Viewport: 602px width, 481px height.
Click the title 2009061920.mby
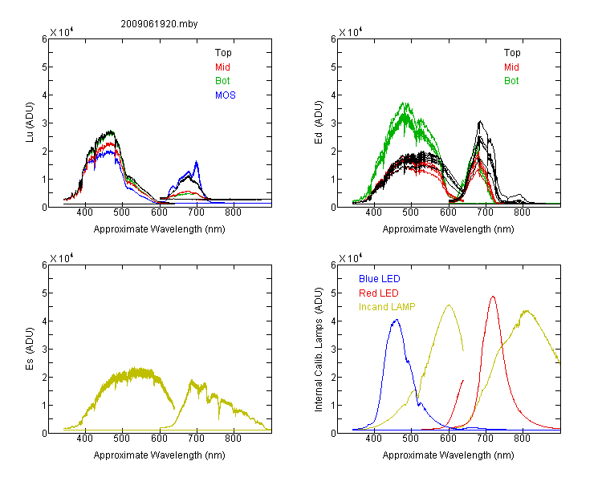159,24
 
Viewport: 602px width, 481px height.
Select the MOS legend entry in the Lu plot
226,95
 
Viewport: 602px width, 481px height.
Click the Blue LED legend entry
380,279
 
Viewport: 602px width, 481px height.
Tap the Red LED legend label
379,293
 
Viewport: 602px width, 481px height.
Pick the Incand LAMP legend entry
387,307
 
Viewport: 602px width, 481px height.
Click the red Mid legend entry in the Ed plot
511,67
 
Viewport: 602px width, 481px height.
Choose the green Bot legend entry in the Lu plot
222,81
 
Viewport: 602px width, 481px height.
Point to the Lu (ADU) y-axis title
30,123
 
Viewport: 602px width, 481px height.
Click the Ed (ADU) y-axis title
319,123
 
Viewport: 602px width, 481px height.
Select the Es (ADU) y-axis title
30,348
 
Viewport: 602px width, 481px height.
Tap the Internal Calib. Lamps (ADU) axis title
319,350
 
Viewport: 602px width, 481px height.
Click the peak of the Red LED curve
493,296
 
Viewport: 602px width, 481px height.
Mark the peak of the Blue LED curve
397,320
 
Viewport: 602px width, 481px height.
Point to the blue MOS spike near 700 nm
197,161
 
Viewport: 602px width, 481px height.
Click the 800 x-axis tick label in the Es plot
233,439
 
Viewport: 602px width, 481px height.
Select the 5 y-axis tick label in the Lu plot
44,67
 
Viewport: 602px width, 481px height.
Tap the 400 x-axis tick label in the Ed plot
373,212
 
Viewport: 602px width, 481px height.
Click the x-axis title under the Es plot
160,455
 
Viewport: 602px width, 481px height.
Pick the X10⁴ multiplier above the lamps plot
351,258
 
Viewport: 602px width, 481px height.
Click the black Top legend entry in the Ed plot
512,53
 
